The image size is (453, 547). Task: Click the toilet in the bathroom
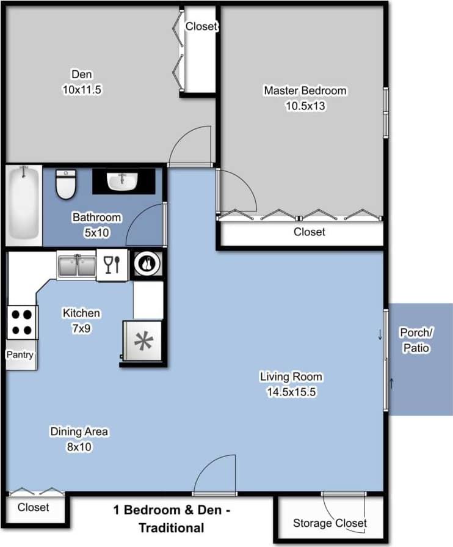point(65,184)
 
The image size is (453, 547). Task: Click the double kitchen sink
point(76,265)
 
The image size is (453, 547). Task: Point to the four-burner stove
point(22,322)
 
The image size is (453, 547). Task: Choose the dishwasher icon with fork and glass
point(112,265)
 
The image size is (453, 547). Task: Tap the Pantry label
point(20,354)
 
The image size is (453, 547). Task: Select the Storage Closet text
point(330,523)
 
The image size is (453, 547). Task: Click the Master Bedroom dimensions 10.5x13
point(305,105)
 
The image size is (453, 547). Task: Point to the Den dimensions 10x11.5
point(82,89)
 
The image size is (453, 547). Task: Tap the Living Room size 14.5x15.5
point(290,392)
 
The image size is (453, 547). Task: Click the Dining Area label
point(79,432)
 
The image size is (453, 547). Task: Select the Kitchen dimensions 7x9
point(81,329)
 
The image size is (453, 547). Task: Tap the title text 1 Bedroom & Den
point(170,510)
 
